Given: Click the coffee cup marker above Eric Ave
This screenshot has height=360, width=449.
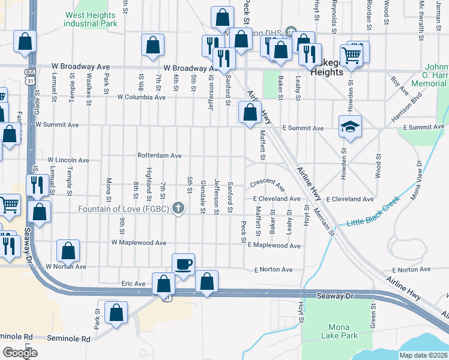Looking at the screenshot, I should [x=183, y=263].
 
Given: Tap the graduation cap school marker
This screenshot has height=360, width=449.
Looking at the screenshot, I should [x=350, y=126].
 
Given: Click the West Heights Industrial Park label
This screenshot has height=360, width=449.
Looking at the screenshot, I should [x=91, y=19].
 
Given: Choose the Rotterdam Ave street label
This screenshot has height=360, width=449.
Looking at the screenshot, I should [x=160, y=155].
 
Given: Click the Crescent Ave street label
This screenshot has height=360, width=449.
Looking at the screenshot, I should [x=268, y=182].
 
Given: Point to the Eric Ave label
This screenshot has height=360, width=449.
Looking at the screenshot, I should [x=133, y=283].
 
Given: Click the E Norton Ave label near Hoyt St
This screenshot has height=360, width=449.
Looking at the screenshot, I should [x=273, y=270].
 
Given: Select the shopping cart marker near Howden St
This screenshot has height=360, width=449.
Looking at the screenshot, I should [x=352, y=55].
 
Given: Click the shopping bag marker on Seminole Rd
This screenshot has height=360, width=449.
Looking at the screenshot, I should [x=116, y=312].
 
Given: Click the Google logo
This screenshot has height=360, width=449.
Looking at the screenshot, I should [x=20, y=353].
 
